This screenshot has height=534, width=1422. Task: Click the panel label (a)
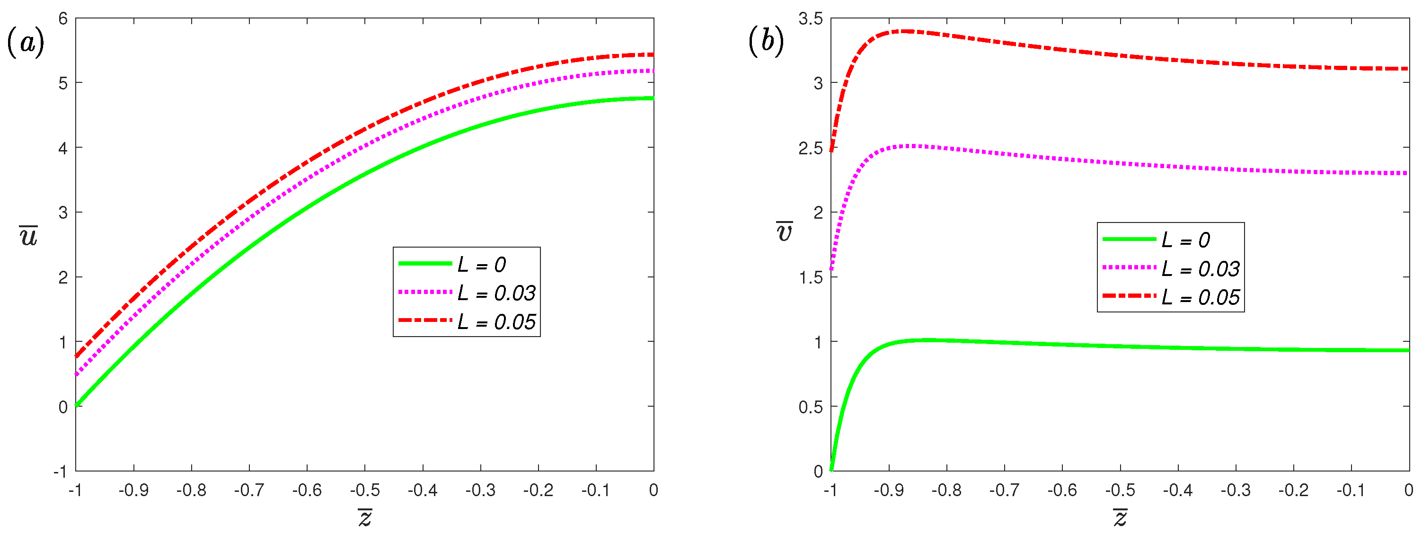26,43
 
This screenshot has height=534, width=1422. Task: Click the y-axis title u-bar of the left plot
29,236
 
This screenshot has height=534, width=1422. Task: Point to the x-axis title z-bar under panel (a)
365,517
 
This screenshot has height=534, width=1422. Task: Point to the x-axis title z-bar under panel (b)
1120,517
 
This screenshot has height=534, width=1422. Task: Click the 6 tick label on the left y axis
63,19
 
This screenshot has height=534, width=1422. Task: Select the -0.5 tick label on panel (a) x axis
365,490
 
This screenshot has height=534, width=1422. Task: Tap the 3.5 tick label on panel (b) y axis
810,19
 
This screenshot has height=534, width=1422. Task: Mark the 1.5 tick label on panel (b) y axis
810,278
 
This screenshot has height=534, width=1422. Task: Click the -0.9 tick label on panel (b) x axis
889,490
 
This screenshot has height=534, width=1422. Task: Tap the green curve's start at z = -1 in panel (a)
77,405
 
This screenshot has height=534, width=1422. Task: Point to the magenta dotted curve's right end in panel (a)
653,71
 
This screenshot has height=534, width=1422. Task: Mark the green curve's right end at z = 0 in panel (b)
1408,350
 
